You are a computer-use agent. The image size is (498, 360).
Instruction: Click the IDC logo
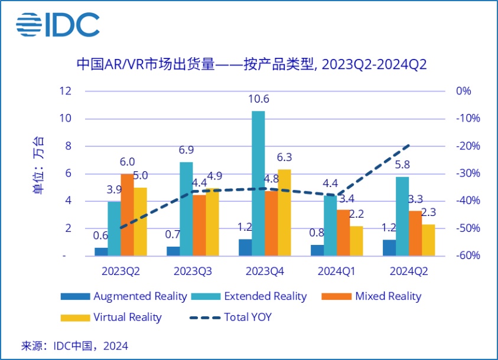pos(57,25)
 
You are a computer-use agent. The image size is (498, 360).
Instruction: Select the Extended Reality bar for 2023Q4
pos(258,183)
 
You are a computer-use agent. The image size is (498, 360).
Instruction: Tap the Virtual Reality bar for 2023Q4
pos(284,212)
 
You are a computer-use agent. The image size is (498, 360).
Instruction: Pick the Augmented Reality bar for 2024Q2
pos(389,247)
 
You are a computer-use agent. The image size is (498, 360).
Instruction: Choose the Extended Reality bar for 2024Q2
pos(402,216)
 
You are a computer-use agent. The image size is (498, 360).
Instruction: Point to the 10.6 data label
pos(258,99)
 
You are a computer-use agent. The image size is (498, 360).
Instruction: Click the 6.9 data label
pos(186,150)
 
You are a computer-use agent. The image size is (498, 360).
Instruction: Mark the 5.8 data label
pos(402,165)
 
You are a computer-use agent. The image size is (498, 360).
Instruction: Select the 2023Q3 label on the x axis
pos(193,271)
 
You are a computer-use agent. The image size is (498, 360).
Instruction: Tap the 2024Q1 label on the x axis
pos(337,271)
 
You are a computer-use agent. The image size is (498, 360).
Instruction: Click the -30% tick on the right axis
pos(467,174)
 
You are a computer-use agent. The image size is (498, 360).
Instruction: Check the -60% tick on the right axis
pos(467,256)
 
